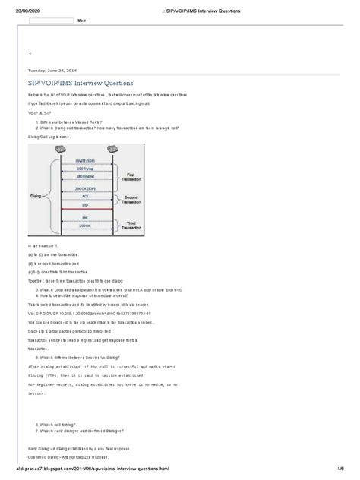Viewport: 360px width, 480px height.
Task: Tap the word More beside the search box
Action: point(81,21)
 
